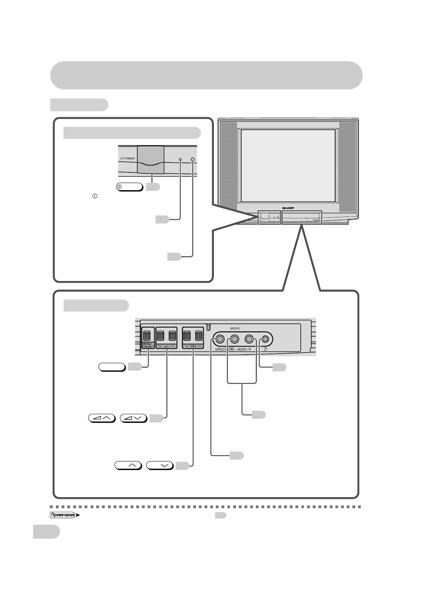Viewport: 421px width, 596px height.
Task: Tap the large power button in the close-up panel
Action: [151, 160]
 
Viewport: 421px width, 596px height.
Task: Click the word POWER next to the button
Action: [129, 159]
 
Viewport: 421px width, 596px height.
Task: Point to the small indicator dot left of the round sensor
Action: [180, 160]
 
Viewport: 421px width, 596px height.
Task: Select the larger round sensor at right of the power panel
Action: [193, 160]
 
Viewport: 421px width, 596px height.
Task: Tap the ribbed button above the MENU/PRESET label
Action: [148, 335]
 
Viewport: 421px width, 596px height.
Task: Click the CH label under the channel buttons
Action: [193, 346]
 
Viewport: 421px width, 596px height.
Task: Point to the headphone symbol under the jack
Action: [265, 349]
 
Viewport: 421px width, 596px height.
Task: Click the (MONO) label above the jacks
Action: [235, 328]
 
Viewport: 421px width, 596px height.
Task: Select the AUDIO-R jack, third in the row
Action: [249, 339]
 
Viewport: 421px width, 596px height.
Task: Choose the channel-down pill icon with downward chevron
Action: [160, 465]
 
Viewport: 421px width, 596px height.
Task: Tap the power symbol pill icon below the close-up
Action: [129, 187]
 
